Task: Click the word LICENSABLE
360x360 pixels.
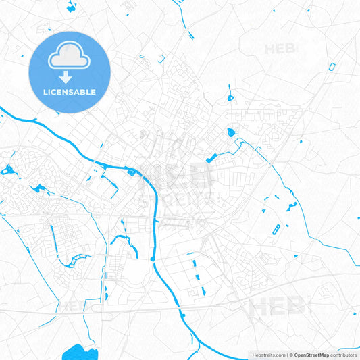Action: pos(70,92)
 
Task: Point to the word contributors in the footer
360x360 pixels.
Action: pos(343,355)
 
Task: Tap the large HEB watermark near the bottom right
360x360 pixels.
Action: pos(276,307)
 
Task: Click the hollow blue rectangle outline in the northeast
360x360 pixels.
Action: pos(332,66)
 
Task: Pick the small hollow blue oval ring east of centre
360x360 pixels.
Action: pos(276,230)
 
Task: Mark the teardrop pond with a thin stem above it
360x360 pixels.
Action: pos(230,97)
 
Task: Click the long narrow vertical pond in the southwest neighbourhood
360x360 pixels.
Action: pos(53,234)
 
